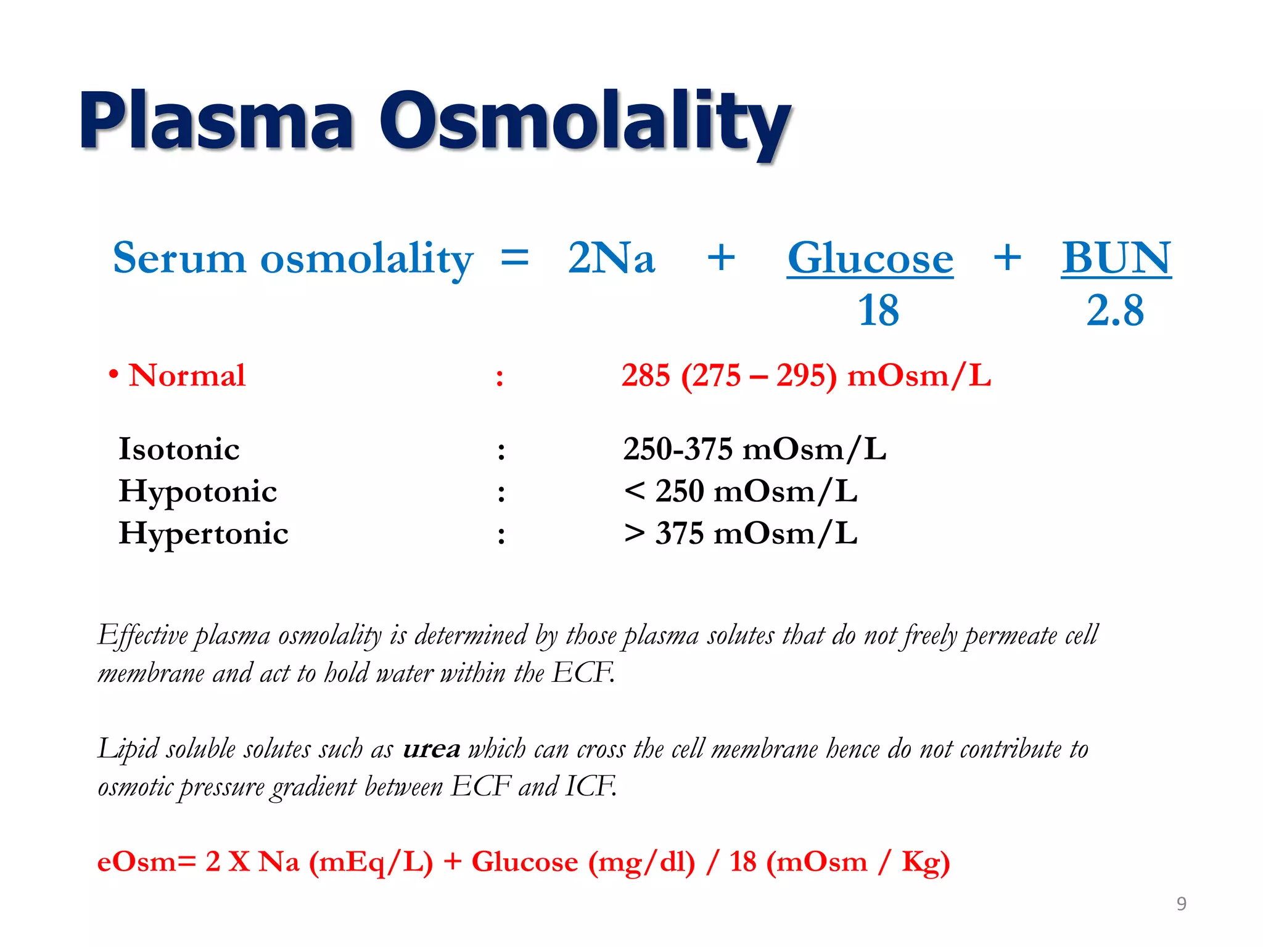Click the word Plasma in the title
(x=216, y=120)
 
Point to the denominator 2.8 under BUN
(x=1115, y=310)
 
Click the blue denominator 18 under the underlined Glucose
(x=878, y=310)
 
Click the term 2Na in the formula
(x=611, y=258)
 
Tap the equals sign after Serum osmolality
(x=514, y=258)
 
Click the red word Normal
(x=187, y=375)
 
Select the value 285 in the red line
(x=646, y=375)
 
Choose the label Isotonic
(x=179, y=449)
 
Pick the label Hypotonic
(x=197, y=491)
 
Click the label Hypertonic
(x=204, y=533)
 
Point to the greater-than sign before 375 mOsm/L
(x=634, y=533)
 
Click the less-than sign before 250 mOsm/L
(x=634, y=491)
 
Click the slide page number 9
(x=1181, y=904)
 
